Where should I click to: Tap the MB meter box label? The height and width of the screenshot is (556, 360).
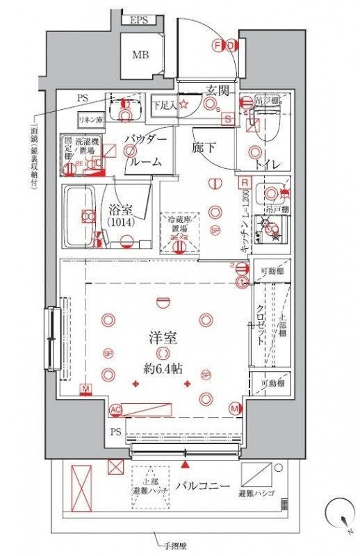click(141, 55)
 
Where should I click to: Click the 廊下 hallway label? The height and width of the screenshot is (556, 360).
click(205, 147)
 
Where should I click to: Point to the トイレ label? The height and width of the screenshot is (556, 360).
click(268, 164)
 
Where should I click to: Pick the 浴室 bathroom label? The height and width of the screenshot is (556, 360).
click(122, 208)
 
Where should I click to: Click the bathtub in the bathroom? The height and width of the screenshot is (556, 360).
click(83, 216)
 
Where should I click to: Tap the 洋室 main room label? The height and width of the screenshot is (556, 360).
click(163, 339)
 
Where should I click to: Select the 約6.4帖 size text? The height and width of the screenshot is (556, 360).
click(163, 368)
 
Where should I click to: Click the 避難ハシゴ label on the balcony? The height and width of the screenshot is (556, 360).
click(255, 493)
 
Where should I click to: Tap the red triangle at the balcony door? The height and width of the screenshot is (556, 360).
click(186, 462)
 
